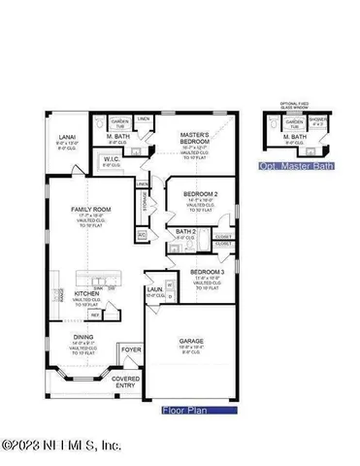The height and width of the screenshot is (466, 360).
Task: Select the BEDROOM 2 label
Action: click(202, 194)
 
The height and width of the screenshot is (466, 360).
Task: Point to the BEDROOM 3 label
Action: click(205, 271)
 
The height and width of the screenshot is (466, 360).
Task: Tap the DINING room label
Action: click(84, 337)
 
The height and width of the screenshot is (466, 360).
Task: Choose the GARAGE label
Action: click(190, 341)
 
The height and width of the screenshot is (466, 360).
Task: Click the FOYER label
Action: click(130, 349)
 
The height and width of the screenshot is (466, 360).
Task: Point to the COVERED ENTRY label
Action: click(125, 382)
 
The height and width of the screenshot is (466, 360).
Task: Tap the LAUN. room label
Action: click(153, 289)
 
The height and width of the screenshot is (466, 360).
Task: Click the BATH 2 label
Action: click(186, 231)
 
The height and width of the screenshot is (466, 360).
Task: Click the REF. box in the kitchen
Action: click(95, 316)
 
